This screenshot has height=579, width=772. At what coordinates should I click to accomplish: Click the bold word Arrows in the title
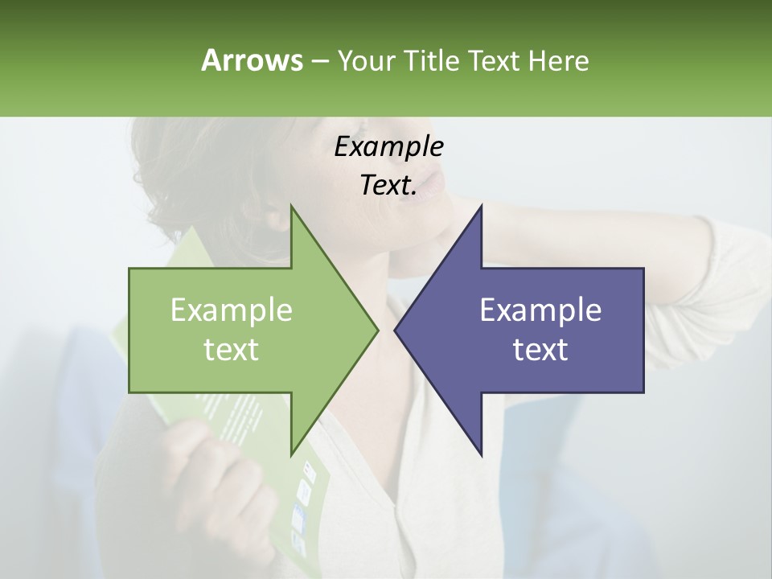click(252, 60)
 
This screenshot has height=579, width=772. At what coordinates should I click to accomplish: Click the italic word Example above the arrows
click(388, 146)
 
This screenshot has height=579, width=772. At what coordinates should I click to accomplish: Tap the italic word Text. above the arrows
click(388, 185)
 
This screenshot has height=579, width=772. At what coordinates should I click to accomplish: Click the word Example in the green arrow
click(232, 310)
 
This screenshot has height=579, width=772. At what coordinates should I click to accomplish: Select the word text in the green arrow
click(232, 349)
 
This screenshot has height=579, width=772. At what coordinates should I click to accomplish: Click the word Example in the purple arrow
click(540, 310)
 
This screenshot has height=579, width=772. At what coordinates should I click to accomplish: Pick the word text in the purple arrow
click(540, 349)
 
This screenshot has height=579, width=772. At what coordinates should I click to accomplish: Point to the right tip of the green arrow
click(378, 330)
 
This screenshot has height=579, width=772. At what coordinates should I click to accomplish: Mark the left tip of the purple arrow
click(395, 330)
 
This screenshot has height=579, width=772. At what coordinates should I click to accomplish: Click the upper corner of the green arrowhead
click(291, 206)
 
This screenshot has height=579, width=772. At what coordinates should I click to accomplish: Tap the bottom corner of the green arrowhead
click(291, 454)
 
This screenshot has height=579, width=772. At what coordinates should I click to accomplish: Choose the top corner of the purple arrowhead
click(482, 206)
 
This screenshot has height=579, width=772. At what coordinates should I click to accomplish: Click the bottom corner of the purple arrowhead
click(482, 454)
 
